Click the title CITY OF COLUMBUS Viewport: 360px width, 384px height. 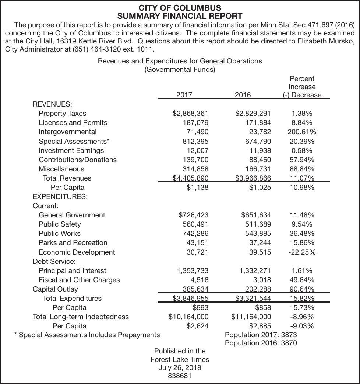tap(180, 8)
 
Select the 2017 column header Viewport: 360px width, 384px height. tap(184, 95)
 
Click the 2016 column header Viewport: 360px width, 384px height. tap(243, 95)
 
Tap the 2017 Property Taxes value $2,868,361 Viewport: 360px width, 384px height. tap(190, 114)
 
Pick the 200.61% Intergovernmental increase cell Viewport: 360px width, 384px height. tap(301, 132)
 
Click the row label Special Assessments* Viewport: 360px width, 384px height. tap(74, 141)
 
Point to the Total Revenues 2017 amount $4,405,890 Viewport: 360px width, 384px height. tap(190, 178)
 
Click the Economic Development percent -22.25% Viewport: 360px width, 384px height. tap(301, 252)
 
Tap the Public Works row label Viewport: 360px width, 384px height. tap(59, 233)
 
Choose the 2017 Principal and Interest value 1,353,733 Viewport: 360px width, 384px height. tap(193, 270)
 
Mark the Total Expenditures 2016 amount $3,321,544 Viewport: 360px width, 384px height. tap(253, 298)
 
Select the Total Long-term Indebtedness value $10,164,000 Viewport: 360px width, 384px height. tap(188, 317)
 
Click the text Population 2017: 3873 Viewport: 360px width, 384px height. tap(261, 335)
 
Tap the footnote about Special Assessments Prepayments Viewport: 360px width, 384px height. tap(87, 335)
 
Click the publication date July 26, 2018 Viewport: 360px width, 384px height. tap(180, 367)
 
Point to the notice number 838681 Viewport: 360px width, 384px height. tap(180, 376)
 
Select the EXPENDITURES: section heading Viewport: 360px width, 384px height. tap(60, 196)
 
